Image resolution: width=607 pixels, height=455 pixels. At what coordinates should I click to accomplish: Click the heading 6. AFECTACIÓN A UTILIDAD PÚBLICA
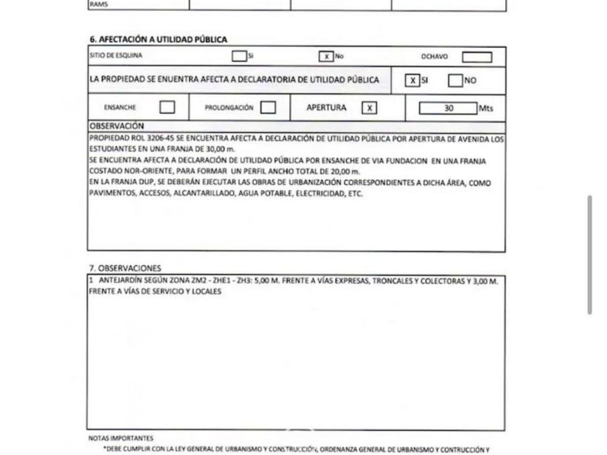(x=158, y=40)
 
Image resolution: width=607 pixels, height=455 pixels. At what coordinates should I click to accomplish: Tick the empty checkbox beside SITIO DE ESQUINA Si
(x=239, y=56)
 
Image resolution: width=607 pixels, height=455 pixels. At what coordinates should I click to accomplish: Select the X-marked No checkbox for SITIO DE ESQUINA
(x=326, y=56)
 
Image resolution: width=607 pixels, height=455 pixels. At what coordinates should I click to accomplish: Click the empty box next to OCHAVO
(x=476, y=57)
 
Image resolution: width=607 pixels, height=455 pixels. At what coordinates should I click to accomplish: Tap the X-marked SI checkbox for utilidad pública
(x=412, y=80)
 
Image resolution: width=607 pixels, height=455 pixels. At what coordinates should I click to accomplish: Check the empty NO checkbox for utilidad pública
(x=455, y=80)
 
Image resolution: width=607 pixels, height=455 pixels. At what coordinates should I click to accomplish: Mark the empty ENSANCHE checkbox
(x=167, y=108)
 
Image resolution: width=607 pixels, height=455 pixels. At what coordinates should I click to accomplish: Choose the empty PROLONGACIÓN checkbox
(x=268, y=108)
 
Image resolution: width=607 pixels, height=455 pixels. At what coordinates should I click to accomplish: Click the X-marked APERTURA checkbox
(x=369, y=108)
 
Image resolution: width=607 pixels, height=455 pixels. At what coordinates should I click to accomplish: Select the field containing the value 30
(x=448, y=108)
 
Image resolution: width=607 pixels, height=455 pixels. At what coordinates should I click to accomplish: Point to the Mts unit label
(x=487, y=109)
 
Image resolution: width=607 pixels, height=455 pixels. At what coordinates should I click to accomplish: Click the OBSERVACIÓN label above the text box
(x=117, y=126)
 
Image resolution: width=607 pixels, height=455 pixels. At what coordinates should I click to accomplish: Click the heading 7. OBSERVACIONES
(x=125, y=268)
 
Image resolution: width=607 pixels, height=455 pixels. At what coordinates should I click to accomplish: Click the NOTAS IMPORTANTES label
(x=121, y=438)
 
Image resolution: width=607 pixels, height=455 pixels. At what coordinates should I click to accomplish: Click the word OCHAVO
(x=434, y=56)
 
